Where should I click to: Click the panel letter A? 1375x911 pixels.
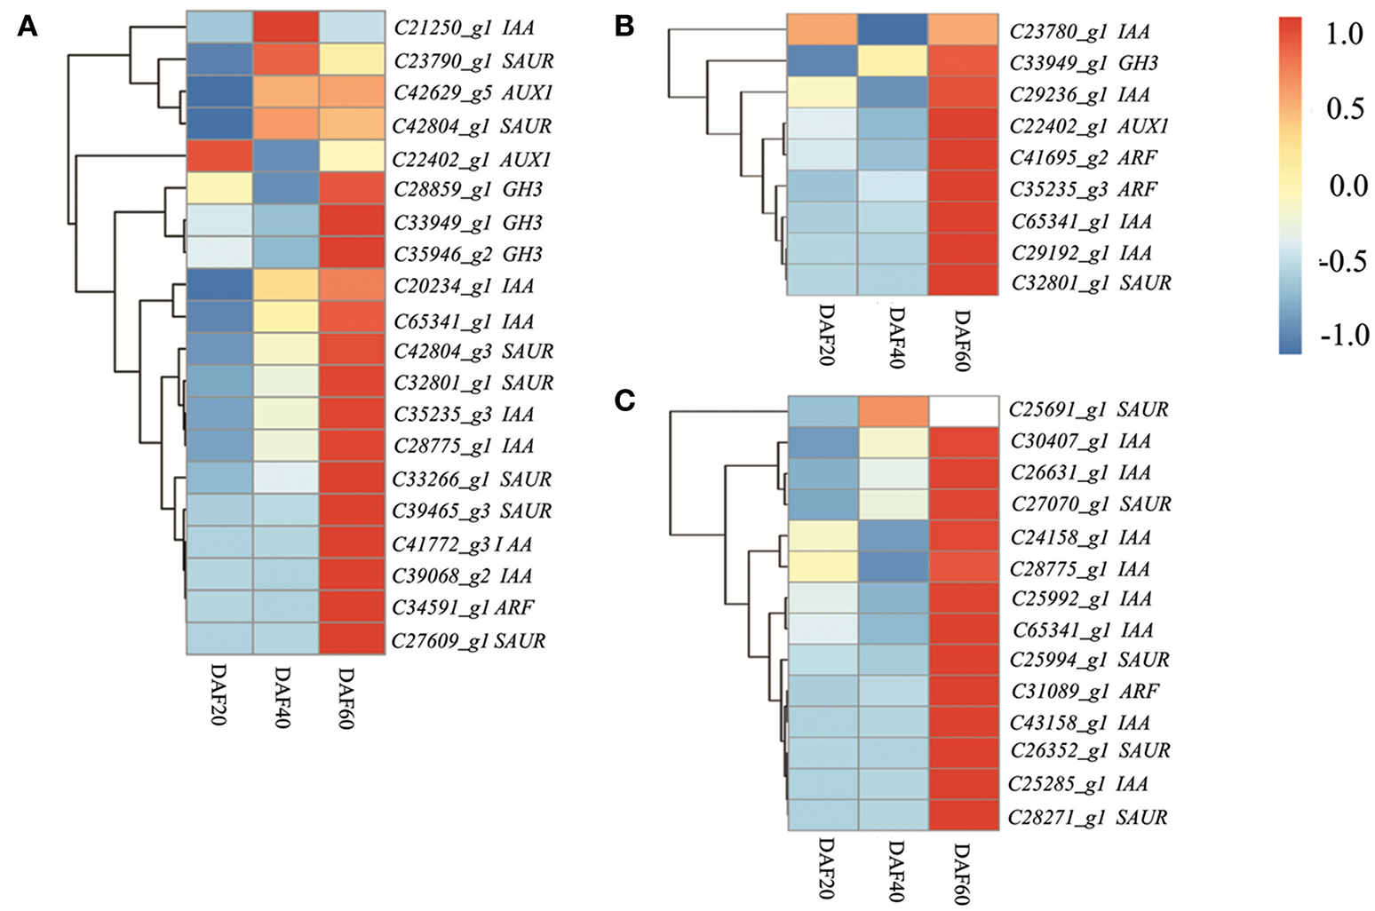[x=28, y=28]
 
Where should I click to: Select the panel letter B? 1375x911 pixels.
[x=624, y=27]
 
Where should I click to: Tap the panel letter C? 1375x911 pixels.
[x=624, y=400]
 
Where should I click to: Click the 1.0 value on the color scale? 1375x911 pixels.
[x=1343, y=35]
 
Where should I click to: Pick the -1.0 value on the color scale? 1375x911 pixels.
[x=1344, y=335]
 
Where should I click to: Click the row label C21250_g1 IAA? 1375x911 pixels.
[x=464, y=28]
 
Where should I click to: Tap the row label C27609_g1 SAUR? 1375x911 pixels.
[x=468, y=640]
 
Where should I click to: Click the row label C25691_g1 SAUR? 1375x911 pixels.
[x=1088, y=409]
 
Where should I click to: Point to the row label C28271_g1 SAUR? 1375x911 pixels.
[x=1087, y=817]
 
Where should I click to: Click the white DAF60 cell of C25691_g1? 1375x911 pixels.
[x=964, y=411]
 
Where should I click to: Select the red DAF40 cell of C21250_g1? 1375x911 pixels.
[x=285, y=28]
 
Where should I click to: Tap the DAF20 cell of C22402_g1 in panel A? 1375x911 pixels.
[x=219, y=159]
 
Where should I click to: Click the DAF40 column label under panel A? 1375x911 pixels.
[x=282, y=696]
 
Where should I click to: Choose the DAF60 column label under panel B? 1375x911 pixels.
[x=962, y=340]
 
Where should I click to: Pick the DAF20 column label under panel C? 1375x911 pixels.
[x=824, y=867]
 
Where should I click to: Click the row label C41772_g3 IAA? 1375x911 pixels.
[x=462, y=544]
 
